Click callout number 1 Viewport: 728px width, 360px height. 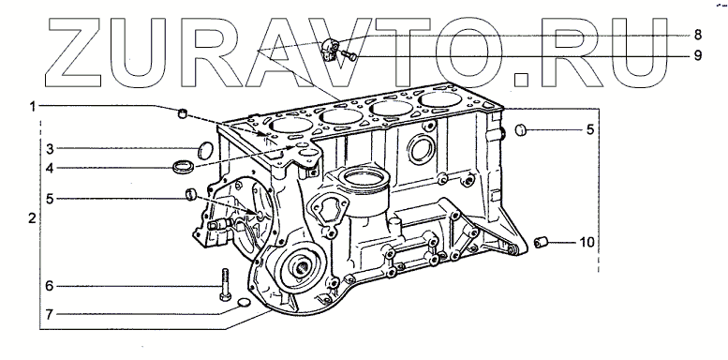point(33,107)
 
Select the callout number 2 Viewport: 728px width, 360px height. point(32,218)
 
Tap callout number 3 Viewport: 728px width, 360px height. point(50,150)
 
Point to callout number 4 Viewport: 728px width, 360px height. point(50,168)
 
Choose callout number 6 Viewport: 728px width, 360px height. point(50,286)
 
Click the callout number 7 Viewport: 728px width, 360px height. point(50,314)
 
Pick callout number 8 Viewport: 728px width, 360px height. point(698,35)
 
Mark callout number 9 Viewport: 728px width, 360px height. point(698,55)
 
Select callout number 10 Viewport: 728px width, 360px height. point(587,242)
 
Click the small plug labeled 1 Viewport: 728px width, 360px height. point(183,112)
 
